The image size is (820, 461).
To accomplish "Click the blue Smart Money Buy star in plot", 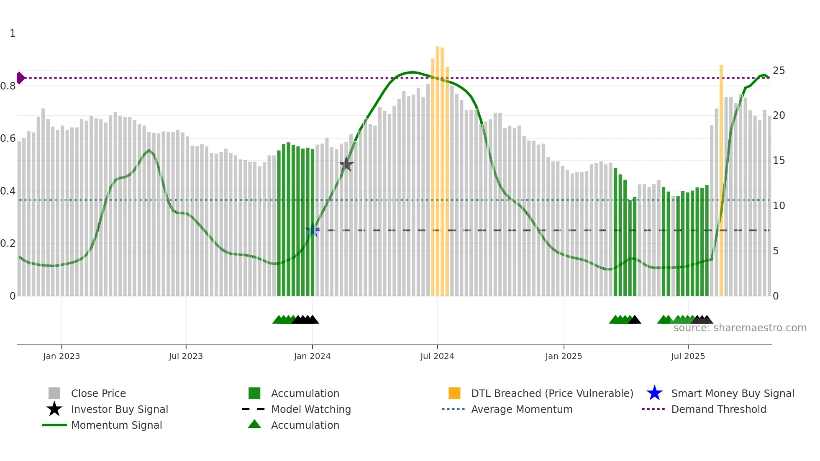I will [x=313, y=230].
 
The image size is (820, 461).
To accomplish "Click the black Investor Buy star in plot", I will [x=346, y=164].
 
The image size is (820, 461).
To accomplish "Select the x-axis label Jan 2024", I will [x=312, y=356].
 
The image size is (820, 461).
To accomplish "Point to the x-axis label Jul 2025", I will [x=688, y=356].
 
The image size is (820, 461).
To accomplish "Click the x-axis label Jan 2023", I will [x=61, y=356].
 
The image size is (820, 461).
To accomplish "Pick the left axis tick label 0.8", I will [x=8, y=86].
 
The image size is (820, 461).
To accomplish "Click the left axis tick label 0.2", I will [x=8, y=243].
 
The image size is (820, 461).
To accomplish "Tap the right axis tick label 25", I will [x=779, y=70].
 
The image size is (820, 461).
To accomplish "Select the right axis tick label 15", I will [x=779, y=161].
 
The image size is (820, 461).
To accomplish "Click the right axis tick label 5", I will [x=776, y=251].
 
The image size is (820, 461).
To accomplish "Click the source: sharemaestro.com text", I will [x=740, y=328].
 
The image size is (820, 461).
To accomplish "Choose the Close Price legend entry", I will [x=98, y=393].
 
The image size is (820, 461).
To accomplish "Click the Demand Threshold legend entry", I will [x=718, y=409].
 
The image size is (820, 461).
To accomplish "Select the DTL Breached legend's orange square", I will [x=454, y=393].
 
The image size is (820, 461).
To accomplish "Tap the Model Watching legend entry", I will [x=311, y=409].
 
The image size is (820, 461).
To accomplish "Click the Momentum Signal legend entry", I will [x=116, y=425].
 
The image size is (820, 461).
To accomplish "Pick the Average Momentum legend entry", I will [x=521, y=409].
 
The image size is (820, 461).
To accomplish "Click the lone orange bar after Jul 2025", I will [x=721, y=180].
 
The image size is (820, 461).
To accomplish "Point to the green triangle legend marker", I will [x=254, y=424].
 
